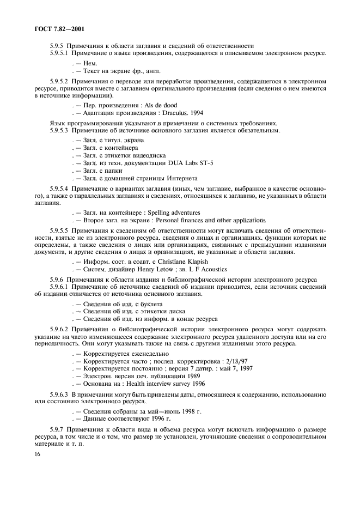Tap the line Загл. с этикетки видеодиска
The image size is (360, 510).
point(124,155)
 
